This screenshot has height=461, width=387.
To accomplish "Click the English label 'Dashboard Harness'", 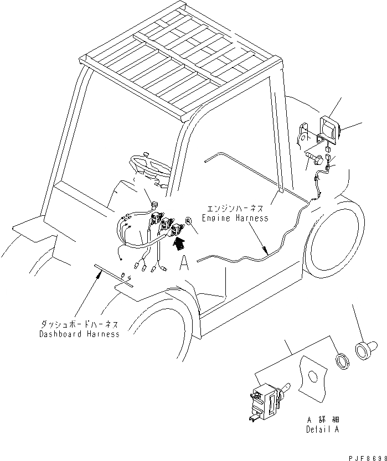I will click(x=79, y=334).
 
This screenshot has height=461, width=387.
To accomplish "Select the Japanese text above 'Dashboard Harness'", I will click(x=79, y=325).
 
